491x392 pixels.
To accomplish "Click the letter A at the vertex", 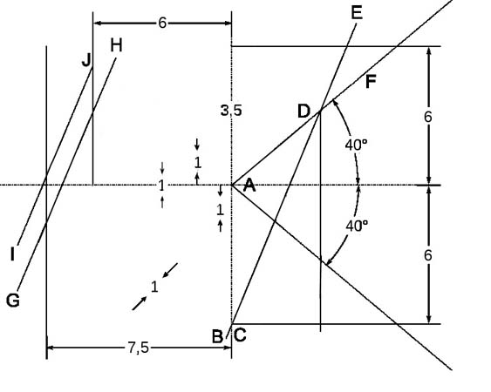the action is pos(249,185).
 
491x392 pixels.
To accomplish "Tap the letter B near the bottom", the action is pos(218,337).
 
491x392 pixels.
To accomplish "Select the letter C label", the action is pos(240,335).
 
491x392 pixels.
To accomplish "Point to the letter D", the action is pos(303,112).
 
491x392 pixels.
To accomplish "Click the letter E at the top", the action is pos(357,13).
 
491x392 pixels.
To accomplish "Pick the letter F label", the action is pos(371,82).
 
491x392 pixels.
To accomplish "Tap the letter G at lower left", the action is pos(13,301).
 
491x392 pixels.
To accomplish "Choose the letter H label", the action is pos(116,45).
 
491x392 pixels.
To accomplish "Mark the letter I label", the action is pos(12,254).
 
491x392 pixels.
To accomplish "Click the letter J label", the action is pos(86,60).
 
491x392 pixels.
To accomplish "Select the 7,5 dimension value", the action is pos(138,348).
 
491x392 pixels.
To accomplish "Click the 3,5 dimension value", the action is pos(231,111).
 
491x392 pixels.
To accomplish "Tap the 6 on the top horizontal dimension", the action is pos(162,23).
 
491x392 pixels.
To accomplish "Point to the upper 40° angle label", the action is pos(356,145).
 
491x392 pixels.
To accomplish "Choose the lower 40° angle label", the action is pos(357,226).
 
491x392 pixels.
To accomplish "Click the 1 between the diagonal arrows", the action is pos(154,287).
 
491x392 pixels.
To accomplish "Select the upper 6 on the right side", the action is pos(427,117).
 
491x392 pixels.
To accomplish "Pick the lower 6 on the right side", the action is pos(427,255).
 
